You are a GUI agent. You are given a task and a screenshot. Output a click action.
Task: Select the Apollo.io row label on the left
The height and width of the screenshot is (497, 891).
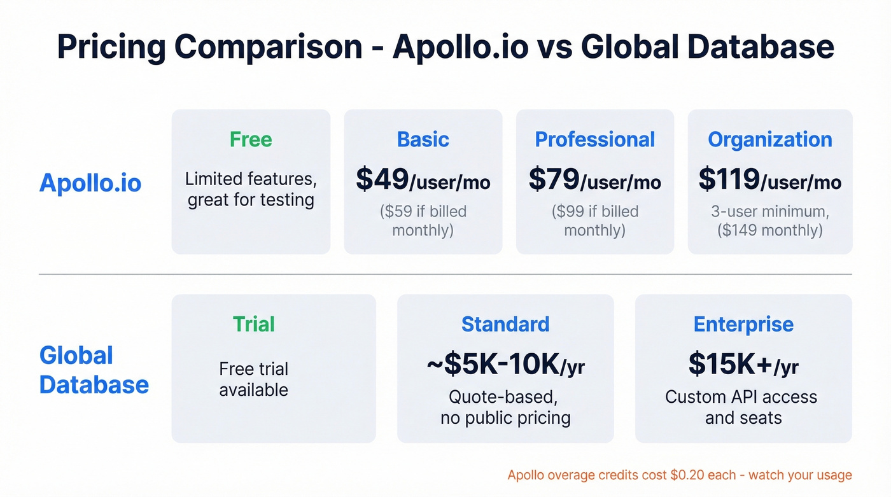(x=90, y=183)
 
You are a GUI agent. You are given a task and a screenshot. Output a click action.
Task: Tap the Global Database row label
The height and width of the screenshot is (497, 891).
(x=94, y=370)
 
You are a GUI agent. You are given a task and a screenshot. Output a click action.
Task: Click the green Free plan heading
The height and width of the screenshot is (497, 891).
(x=251, y=139)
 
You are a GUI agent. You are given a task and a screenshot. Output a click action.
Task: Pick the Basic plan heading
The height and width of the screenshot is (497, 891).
(x=423, y=139)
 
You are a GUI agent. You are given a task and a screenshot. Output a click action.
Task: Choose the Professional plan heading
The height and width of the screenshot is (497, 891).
(x=594, y=139)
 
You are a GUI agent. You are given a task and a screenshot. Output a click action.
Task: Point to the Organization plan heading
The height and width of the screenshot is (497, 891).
(x=769, y=139)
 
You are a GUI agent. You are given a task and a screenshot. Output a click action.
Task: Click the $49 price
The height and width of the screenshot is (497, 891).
(x=382, y=179)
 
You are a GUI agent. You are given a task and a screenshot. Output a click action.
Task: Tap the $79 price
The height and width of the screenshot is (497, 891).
(x=554, y=179)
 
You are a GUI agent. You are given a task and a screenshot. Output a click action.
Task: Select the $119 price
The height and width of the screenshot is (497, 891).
(x=729, y=179)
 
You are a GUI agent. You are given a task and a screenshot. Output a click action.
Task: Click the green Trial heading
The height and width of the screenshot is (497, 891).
(x=253, y=324)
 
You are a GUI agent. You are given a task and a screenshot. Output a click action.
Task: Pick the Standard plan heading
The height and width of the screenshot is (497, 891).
(x=505, y=324)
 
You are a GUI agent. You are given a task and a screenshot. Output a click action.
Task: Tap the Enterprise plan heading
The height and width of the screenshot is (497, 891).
(x=743, y=324)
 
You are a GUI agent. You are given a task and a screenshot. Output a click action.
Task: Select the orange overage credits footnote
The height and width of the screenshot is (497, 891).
(x=679, y=475)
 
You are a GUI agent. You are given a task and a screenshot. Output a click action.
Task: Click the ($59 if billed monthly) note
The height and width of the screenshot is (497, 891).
(x=423, y=220)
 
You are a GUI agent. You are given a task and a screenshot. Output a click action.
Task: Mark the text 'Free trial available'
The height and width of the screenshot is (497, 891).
(x=253, y=379)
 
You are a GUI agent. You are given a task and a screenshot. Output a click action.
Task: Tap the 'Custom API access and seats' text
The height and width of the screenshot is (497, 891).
(x=741, y=407)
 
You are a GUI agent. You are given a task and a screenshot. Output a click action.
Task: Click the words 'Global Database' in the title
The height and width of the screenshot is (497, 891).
(x=707, y=47)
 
